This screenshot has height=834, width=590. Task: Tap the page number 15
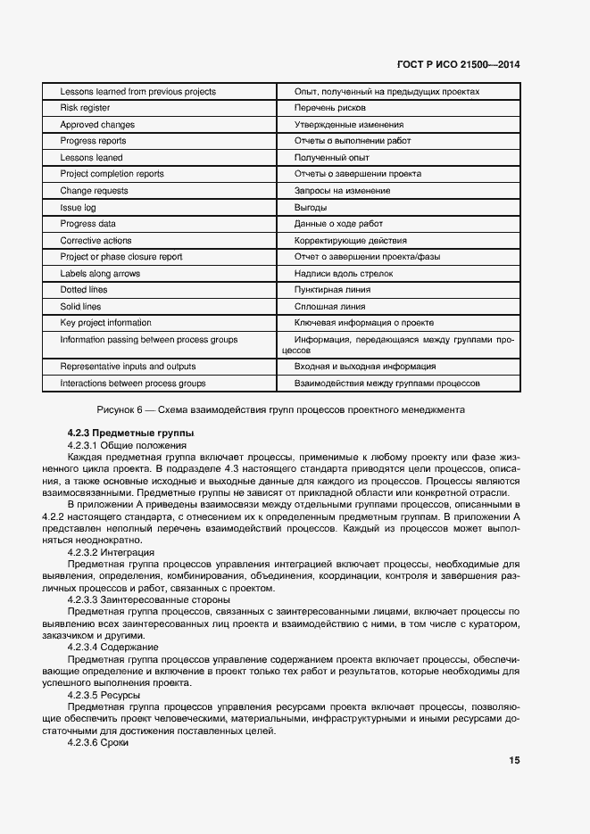point(514,761)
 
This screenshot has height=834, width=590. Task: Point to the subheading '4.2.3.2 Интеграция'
point(111,552)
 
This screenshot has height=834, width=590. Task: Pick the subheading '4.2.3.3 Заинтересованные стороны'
point(148,599)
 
